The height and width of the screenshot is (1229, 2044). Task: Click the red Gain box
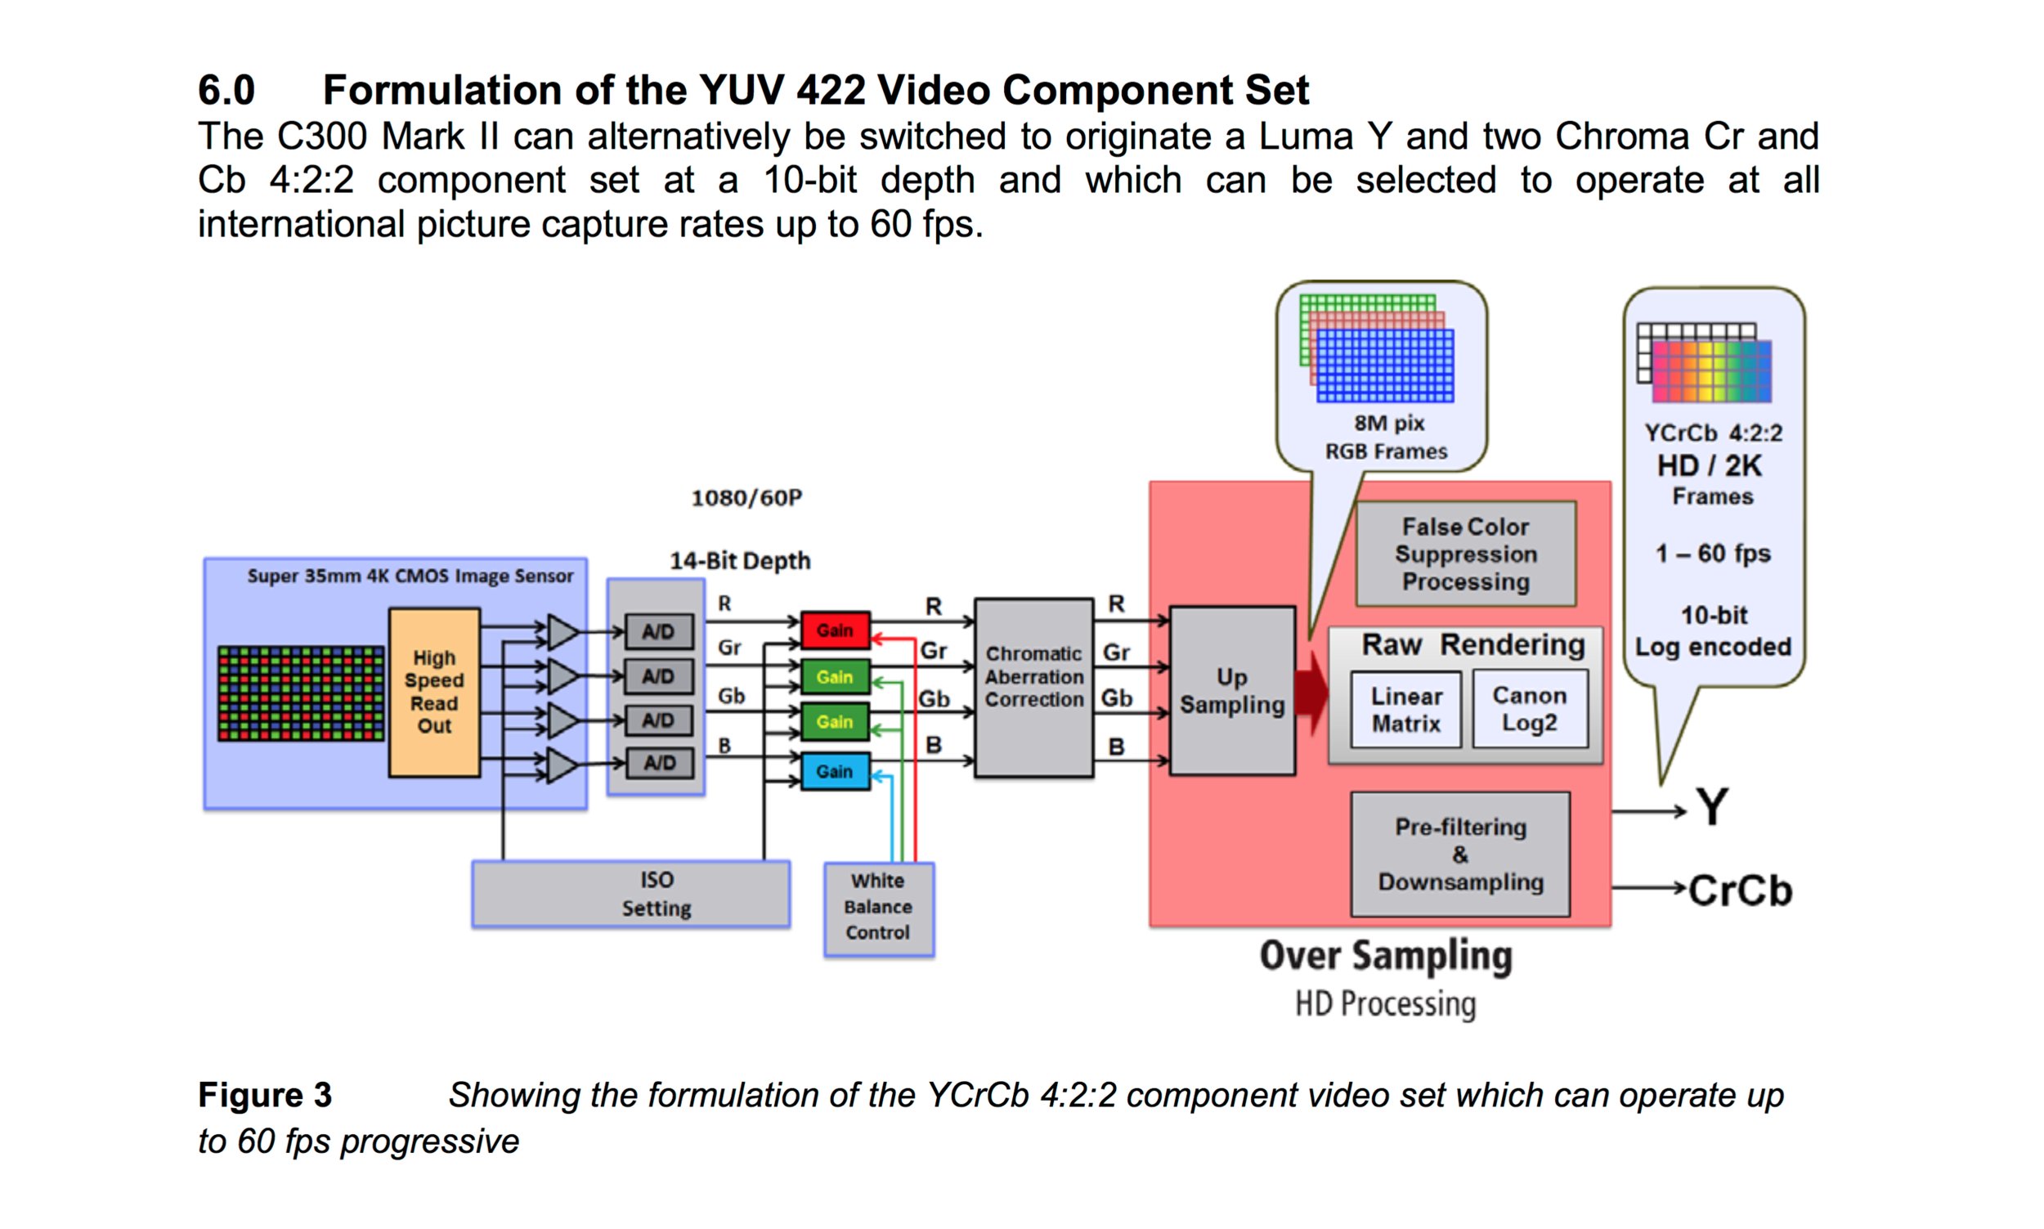[x=835, y=630]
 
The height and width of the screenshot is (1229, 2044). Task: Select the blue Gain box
[x=835, y=771]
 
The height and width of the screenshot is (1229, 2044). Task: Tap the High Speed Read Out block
[x=434, y=693]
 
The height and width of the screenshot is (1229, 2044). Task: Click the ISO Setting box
[x=631, y=894]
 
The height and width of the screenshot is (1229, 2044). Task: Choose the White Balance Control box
[x=878, y=908]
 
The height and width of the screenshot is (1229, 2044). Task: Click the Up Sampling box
[x=1232, y=691]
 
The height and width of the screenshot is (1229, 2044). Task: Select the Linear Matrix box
[x=1405, y=710]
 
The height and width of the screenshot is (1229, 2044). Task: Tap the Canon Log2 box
[x=1529, y=709]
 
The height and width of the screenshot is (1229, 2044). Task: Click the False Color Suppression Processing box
[x=1465, y=554]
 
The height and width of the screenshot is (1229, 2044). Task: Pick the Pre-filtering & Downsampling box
[x=1460, y=854]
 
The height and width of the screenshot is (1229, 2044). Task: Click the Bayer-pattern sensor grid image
[x=301, y=694]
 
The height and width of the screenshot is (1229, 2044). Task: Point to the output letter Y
[x=1712, y=806]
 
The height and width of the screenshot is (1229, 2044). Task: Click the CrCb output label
[x=1739, y=891]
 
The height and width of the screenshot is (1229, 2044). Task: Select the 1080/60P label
[x=746, y=498]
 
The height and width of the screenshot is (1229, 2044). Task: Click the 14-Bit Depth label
[x=740, y=561]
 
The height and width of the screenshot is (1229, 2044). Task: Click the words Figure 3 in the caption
[x=265, y=1095]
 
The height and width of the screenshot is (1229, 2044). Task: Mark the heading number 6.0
[x=226, y=89]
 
